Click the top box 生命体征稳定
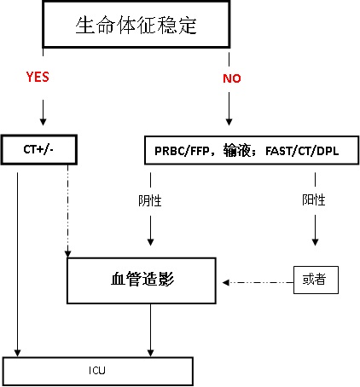coord(136,25)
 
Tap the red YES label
coord(38,77)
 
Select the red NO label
coord(232,78)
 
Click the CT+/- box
coord(39,150)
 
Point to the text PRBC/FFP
coord(182,151)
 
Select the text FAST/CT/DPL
coord(302,151)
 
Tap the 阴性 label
coord(150,201)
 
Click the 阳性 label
coord(314,200)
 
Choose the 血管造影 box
coord(142,280)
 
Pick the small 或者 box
coord(316,280)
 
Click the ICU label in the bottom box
coord(97,370)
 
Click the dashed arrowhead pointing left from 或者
coord(226,282)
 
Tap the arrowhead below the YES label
coord(43,122)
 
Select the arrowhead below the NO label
coord(229,122)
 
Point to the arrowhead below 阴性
coord(150,242)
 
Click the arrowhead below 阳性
coord(315,242)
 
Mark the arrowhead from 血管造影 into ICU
coord(150,353)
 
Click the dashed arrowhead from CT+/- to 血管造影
coord(67,254)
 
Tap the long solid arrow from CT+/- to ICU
coord(17,264)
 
